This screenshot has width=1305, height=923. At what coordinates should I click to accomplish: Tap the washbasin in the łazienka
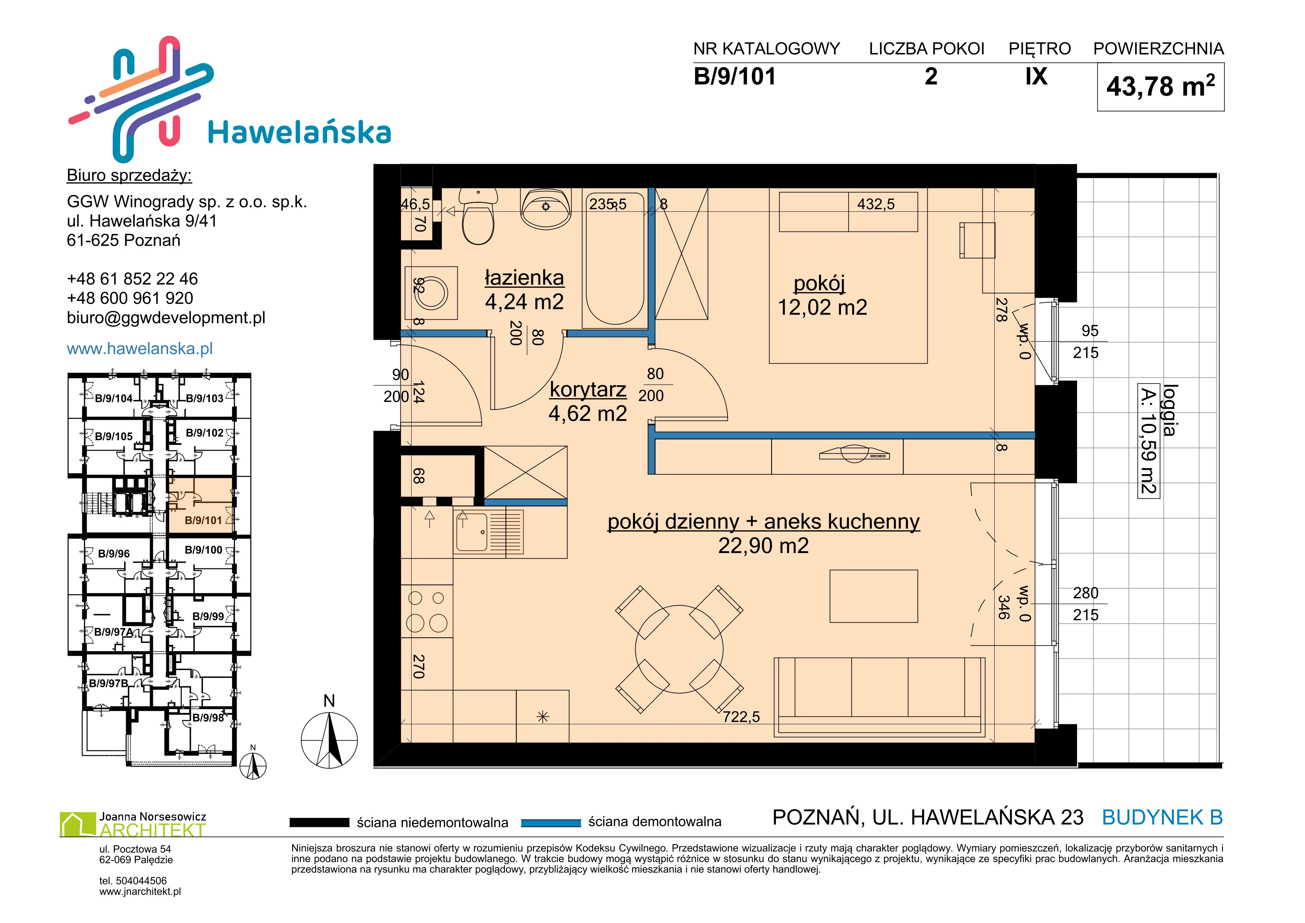(x=546, y=208)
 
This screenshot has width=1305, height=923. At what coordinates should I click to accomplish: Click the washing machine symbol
(x=431, y=293)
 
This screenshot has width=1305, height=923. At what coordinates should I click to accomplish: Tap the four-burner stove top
(x=427, y=611)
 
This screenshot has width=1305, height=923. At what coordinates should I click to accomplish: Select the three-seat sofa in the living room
(x=879, y=697)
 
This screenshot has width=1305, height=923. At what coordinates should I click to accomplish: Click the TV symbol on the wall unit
(x=854, y=454)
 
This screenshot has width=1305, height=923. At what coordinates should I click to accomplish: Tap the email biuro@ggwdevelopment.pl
(x=166, y=318)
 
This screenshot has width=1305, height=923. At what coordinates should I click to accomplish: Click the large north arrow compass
(x=329, y=740)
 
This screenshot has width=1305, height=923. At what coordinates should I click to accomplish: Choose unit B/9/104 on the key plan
(x=113, y=398)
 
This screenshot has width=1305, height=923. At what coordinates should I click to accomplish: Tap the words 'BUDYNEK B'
(x=1162, y=817)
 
